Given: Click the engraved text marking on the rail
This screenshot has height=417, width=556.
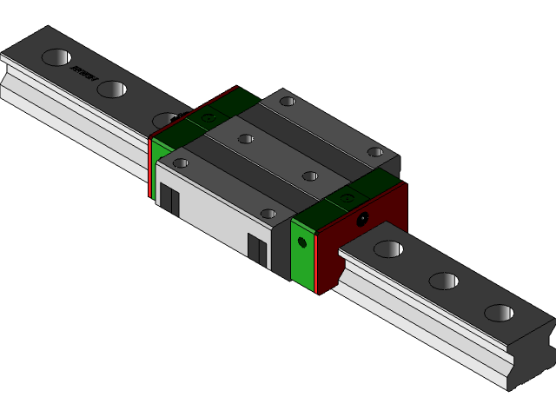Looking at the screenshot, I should point(83,74).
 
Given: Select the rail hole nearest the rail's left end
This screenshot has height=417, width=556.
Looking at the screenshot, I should point(56,57).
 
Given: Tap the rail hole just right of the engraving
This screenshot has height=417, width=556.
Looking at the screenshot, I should point(111,89).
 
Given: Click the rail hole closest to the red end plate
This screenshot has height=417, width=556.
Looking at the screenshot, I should point(387,249).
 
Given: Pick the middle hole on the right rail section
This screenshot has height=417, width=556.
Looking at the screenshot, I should point(443,281).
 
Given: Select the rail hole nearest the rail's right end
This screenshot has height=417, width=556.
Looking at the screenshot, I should point(499,313).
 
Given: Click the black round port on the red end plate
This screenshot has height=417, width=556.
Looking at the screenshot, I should point(362,217).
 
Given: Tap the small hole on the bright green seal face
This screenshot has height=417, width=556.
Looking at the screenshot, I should point(302,242).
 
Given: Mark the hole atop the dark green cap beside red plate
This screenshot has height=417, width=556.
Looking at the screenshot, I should point(347,198).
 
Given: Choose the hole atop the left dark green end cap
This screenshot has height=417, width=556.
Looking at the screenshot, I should point(208,116).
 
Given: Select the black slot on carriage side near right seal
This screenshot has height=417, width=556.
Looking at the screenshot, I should point(257,248).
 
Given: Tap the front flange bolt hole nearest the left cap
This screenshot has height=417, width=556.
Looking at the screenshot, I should point(181,162).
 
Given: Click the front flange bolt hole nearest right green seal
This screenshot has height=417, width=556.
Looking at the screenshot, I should point(268,213).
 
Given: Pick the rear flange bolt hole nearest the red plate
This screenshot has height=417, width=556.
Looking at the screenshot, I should point(374,152).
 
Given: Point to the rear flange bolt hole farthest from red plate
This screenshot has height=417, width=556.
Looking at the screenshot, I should point(287,102).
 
